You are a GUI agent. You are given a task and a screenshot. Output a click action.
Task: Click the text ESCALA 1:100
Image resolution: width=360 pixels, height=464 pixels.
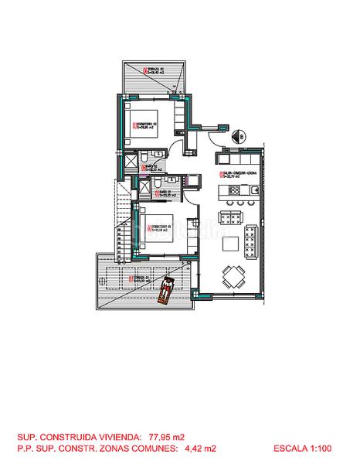tap(303, 448)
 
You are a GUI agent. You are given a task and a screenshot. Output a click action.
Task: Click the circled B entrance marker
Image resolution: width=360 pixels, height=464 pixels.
tap(242, 138)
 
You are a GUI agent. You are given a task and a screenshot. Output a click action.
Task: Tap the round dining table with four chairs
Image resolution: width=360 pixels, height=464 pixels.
tap(234, 273)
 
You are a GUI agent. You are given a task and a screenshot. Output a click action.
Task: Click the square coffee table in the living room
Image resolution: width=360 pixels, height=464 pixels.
tap(232, 244)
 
